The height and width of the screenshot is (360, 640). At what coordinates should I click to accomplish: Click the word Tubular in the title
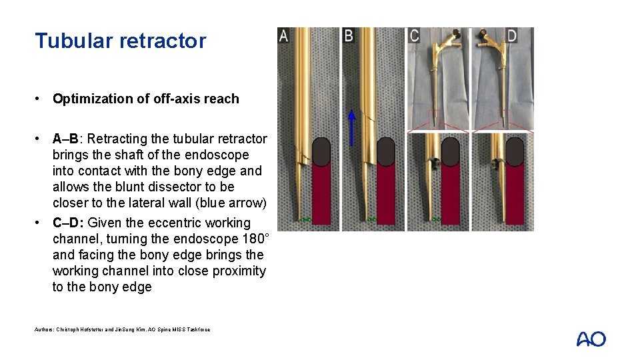pyautogui.click(x=74, y=41)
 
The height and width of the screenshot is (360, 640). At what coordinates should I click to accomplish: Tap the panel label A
pyautogui.click(x=283, y=36)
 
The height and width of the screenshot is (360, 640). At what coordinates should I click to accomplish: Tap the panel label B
pyautogui.click(x=348, y=36)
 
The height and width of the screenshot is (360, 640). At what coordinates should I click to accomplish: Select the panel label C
pyautogui.click(x=414, y=36)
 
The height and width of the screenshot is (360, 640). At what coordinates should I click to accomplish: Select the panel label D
pyautogui.click(x=511, y=36)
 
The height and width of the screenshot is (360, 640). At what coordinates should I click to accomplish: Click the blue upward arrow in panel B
pyautogui.click(x=351, y=128)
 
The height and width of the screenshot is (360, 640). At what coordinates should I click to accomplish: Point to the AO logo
pyautogui.click(x=591, y=339)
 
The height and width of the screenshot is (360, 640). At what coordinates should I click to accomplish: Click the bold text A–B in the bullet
pyautogui.click(x=65, y=139)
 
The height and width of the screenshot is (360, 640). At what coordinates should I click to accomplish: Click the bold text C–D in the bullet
pyautogui.click(x=68, y=223)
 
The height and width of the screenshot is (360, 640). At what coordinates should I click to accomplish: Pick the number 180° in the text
pyautogui.click(x=256, y=239)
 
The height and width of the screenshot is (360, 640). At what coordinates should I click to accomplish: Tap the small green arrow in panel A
pyautogui.click(x=306, y=220)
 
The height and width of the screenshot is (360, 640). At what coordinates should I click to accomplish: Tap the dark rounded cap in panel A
pyautogui.click(x=321, y=152)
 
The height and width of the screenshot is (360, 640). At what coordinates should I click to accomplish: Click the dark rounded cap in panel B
pyautogui.click(x=386, y=152)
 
